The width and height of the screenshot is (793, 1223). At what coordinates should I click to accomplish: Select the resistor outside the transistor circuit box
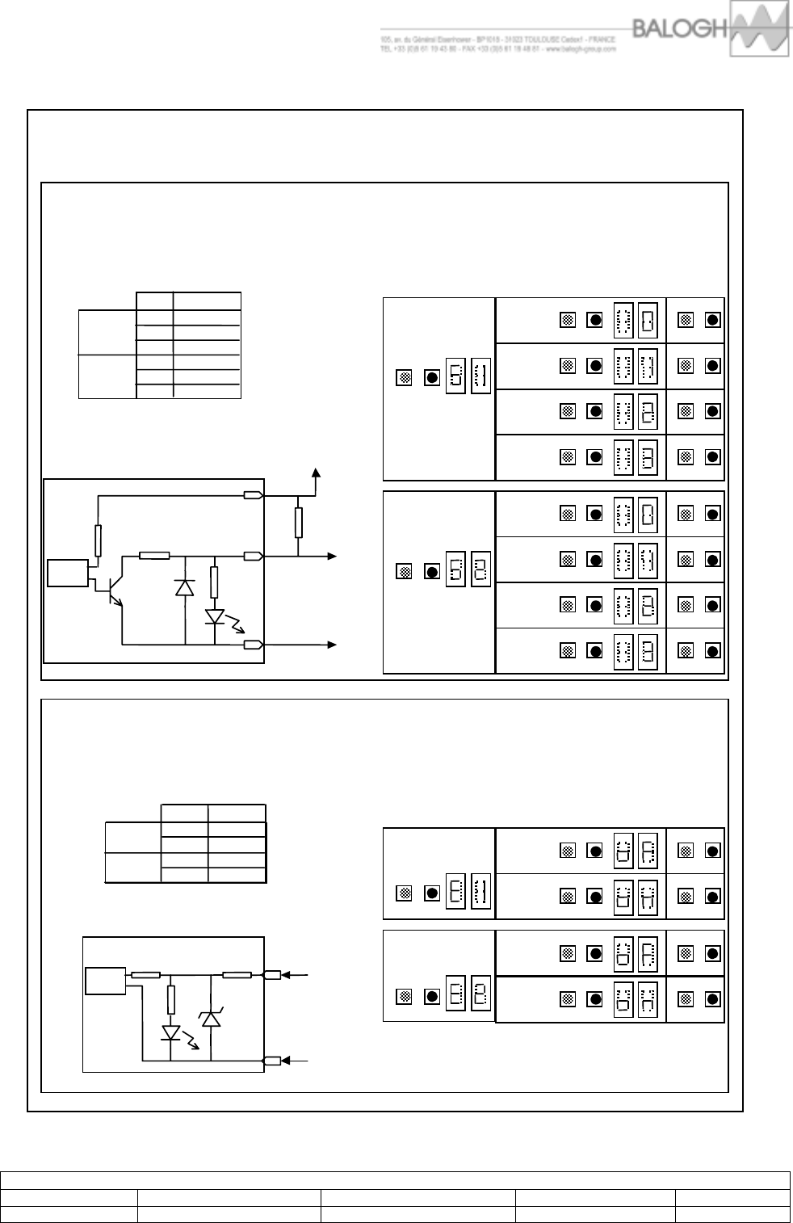point(299,523)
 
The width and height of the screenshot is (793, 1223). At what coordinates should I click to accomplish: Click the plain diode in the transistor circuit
point(185,587)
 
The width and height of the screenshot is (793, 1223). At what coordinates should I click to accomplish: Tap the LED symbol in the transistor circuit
point(215,617)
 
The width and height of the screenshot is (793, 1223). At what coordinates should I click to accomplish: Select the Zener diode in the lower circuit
point(211,1019)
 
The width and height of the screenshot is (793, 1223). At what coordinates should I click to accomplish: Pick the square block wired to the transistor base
point(67,573)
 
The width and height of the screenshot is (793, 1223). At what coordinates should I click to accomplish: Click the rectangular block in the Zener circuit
point(105,980)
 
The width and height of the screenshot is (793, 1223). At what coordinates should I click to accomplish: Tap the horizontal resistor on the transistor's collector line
point(154,555)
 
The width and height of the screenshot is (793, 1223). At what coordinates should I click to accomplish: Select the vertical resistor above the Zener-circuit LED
point(171,1000)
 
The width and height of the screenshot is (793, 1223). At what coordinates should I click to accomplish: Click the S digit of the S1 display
point(455,376)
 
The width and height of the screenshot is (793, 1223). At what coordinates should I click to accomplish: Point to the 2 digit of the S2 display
point(480,571)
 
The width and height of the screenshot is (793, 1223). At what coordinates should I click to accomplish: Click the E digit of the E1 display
point(455,893)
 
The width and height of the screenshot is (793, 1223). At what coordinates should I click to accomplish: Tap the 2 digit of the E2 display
point(480,996)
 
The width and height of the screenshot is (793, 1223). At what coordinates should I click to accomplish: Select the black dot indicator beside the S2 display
point(432,572)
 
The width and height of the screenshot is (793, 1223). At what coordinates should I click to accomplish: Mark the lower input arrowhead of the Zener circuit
point(297,1060)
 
